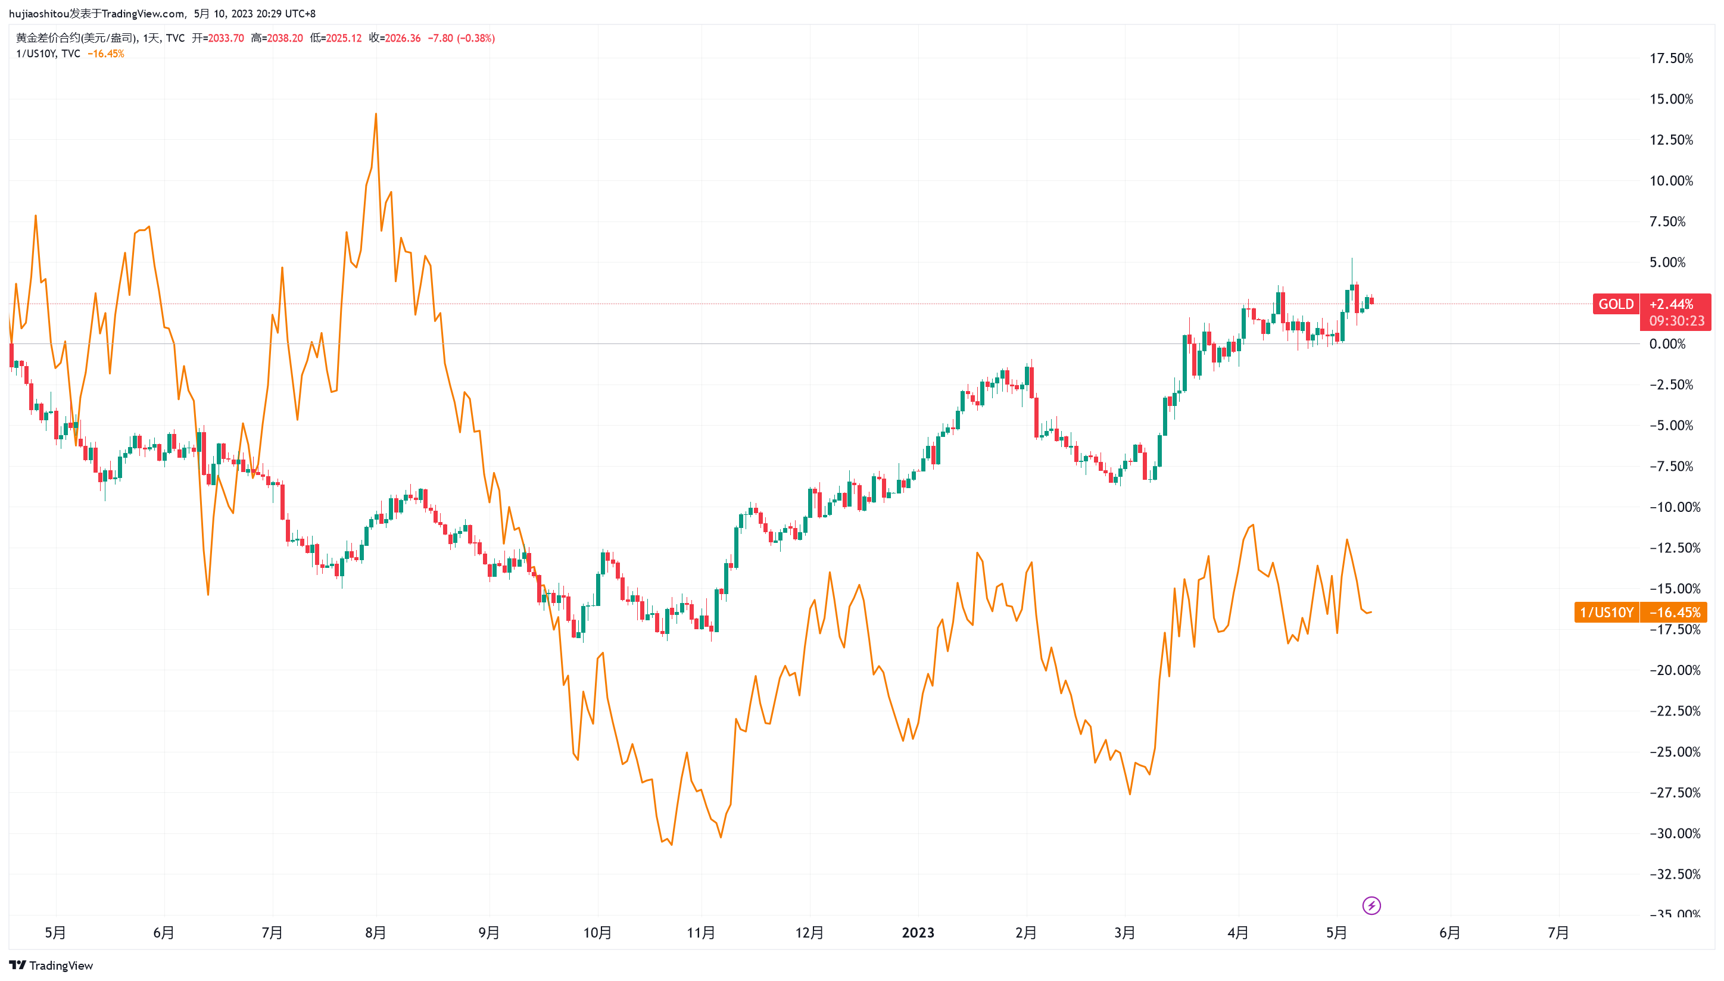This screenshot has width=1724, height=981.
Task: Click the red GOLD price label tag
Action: click(1616, 304)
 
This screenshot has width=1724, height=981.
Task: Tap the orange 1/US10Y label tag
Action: click(1606, 613)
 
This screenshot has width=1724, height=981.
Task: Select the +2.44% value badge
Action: click(1671, 304)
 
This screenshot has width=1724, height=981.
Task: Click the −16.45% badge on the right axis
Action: click(1674, 613)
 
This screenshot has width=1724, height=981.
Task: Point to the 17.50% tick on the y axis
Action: click(1671, 58)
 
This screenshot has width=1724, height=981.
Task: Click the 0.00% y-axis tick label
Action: click(1667, 344)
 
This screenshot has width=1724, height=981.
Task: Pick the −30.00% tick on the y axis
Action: click(1675, 833)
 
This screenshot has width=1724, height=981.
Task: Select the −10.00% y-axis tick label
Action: click(1675, 507)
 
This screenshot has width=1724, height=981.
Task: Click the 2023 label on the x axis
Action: click(918, 933)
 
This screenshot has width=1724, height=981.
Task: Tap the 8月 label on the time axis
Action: click(375, 933)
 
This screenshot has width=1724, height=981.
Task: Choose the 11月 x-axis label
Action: click(701, 933)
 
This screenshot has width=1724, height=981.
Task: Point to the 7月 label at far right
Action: click(1558, 933)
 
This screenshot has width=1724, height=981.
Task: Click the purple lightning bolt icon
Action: click(1371, 905)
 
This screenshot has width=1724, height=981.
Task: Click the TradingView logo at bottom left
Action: click(51, 966)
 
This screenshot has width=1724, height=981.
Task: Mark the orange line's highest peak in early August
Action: click(376, 113)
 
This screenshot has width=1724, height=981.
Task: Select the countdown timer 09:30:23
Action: click(1676, 321)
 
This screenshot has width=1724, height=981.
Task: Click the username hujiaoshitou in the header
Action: click(39, 14)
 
